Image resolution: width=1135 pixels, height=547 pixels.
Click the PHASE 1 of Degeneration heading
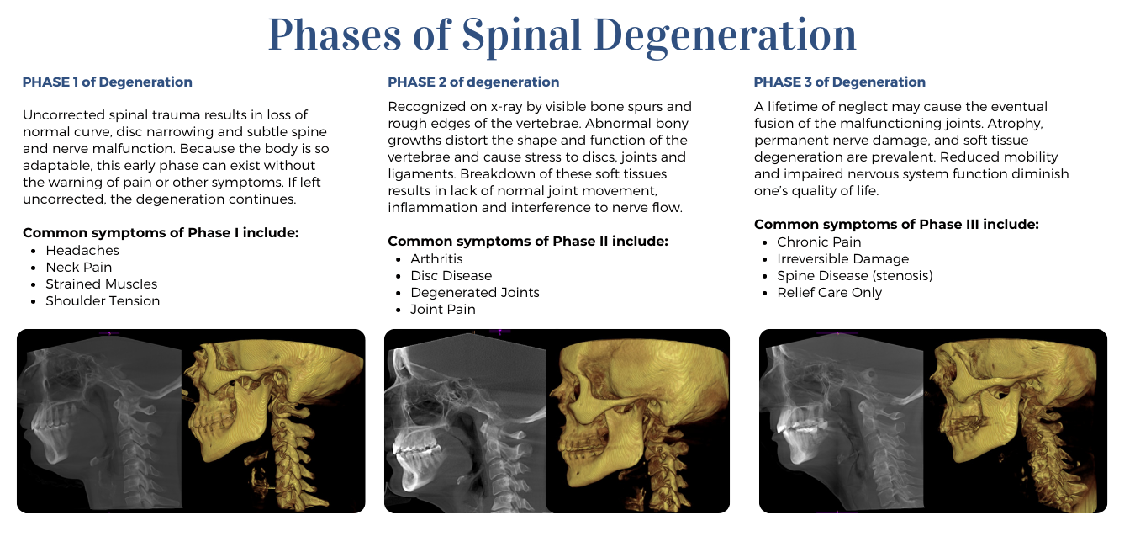pos(107,82)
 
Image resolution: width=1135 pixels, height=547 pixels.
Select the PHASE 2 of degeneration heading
pos(473,82)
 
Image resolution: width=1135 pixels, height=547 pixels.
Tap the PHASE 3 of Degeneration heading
pos(839,82)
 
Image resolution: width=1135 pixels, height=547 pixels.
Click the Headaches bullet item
pos(82,251)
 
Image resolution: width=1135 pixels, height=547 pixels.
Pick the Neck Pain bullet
pos(79,268)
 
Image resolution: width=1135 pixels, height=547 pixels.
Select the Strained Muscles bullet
pos(102,284)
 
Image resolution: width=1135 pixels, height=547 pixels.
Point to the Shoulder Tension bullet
pos(103,301)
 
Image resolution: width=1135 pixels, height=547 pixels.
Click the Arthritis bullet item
pos(436,259)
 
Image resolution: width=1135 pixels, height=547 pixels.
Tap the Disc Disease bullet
pos(451,276)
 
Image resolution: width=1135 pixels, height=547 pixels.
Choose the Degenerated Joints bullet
pos(475,293)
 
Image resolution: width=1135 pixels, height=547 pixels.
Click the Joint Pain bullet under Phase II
pos(443,310)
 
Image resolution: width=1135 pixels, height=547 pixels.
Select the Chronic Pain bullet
pos(819,242)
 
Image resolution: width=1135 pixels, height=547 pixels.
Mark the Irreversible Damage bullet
pos(842,259)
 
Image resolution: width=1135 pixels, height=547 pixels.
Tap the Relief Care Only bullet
pos(829,293)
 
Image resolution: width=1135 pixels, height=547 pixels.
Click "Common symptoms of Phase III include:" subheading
pos(896,225)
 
